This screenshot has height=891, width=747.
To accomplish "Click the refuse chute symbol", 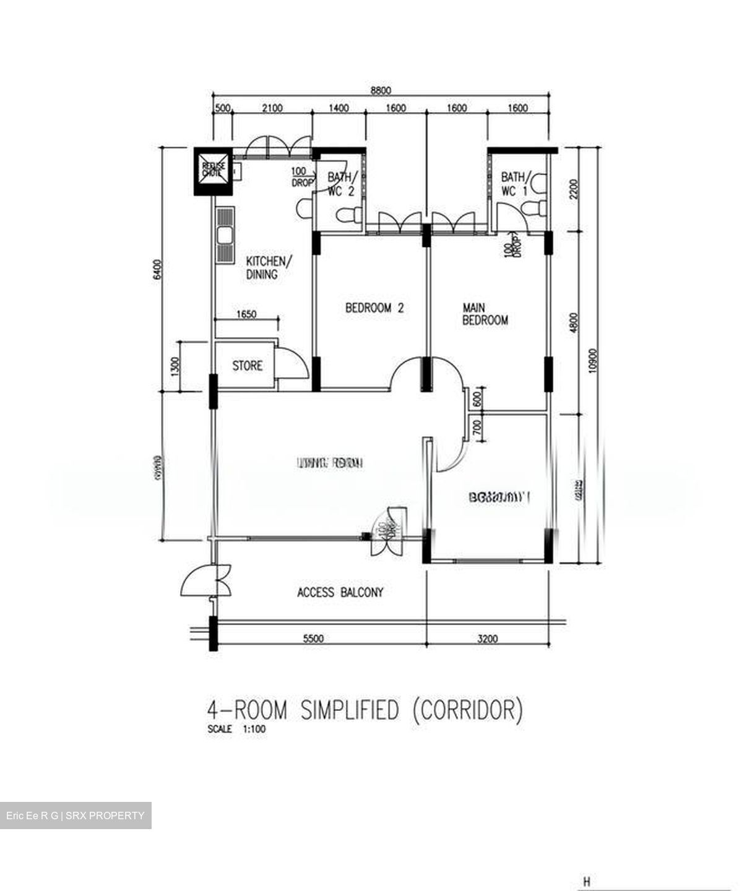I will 214,170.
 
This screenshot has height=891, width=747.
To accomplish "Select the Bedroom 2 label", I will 374,308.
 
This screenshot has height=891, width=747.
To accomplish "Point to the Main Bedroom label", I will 485,314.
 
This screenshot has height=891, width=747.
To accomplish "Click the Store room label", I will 247,366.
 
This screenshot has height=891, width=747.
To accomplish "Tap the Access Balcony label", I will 340,592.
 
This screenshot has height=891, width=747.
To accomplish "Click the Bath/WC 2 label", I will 340,184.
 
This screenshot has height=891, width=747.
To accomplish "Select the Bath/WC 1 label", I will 514,184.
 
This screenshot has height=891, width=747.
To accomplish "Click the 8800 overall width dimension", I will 381,90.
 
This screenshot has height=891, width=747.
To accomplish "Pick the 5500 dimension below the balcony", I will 314,639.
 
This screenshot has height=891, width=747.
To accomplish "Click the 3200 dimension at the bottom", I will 488,639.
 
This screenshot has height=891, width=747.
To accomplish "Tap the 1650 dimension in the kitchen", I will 246,314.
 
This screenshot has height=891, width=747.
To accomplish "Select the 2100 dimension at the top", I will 272,108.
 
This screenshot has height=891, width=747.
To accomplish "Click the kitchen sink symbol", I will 224,235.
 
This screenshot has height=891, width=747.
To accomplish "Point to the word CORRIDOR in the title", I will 467,710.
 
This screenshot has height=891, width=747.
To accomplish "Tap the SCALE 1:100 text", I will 237,729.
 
